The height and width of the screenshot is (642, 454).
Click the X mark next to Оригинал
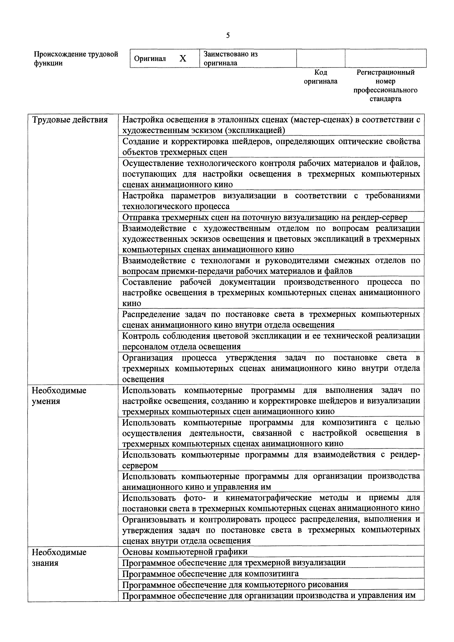(x=183, y=58)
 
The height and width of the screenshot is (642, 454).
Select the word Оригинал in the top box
(x=150, y=59)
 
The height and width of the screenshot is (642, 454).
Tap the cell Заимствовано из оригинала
(x=231, y=58)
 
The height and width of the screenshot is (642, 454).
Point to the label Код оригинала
(x=320, y=77)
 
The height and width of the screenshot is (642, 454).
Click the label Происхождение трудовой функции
(x=76, y=58)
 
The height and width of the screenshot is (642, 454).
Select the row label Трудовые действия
(x=70, y=120)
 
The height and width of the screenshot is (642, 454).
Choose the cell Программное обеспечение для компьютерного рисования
(x=235, y=584)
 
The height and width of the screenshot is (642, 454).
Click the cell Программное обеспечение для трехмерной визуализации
(x=234, y=562)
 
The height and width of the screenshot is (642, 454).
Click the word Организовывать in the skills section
(x=154, y=519)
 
